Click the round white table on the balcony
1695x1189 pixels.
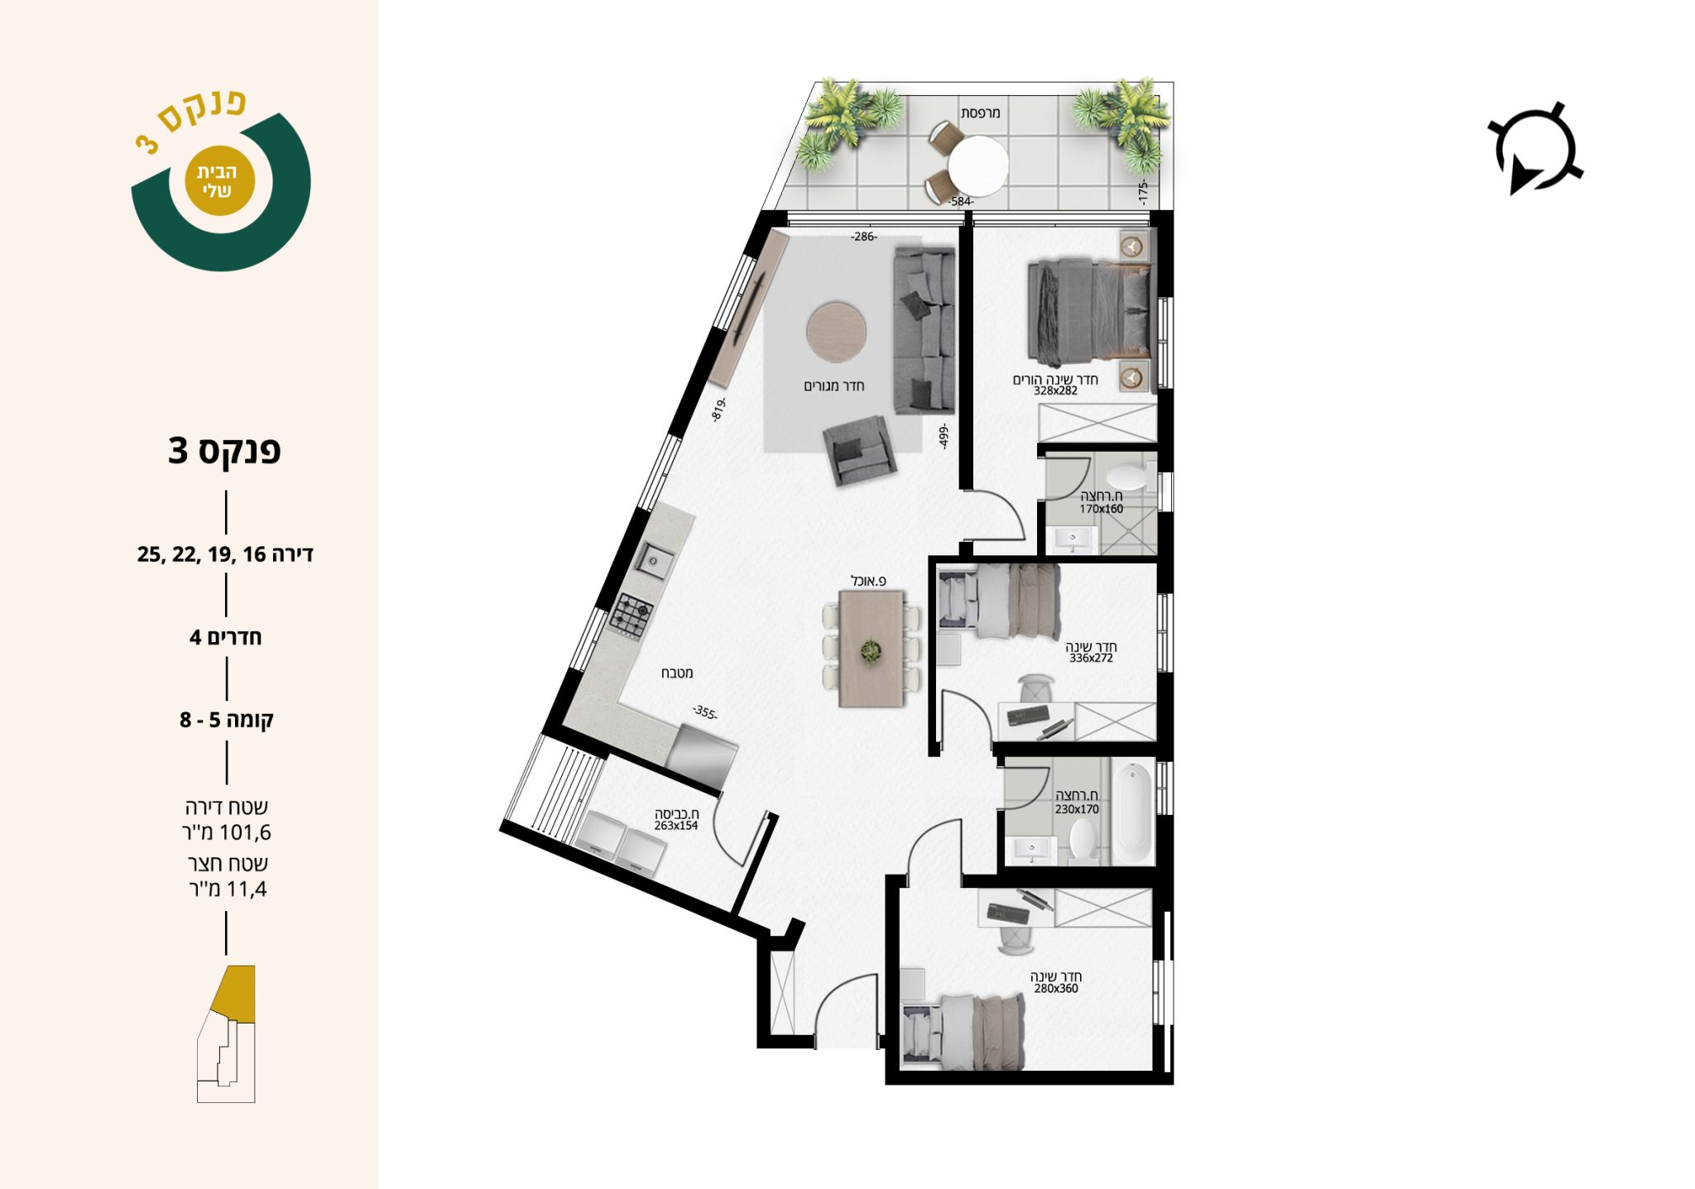[x=978, y=165]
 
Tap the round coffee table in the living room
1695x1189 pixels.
[x=837, y=332]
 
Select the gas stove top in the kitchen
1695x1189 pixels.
[x=632, y=616]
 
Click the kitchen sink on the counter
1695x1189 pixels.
[x=654, y=560]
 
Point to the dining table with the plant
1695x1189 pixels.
[x=872, y=648]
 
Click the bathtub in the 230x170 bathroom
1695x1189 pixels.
[x=1132, y=813]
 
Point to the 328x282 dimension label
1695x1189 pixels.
[x=1055, y=391]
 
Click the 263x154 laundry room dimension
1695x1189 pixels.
[x=676, y=826]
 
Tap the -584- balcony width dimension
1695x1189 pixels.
[x=961, y=201]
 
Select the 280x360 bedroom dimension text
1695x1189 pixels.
[x=1056, y=988]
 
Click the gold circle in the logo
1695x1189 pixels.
[x=217, y=181]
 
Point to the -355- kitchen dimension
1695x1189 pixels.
[x=705, y=712]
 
